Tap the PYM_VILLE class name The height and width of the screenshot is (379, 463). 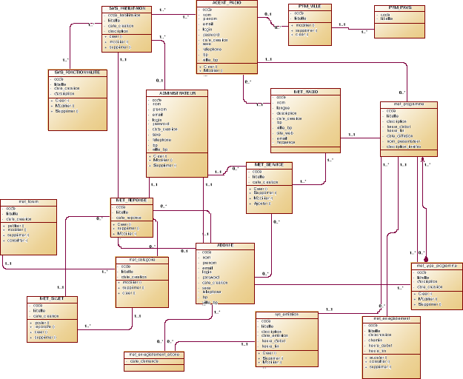pos(309,7)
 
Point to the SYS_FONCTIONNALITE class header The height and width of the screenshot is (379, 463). pos(78,73)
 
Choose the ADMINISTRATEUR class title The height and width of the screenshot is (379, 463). pos(177,93)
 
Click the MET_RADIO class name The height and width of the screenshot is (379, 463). pos(305,91)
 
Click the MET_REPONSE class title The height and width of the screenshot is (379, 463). pos(133,200)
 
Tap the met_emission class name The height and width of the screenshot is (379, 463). pos(285,315)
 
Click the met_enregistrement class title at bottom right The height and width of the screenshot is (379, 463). pos(393,318)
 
